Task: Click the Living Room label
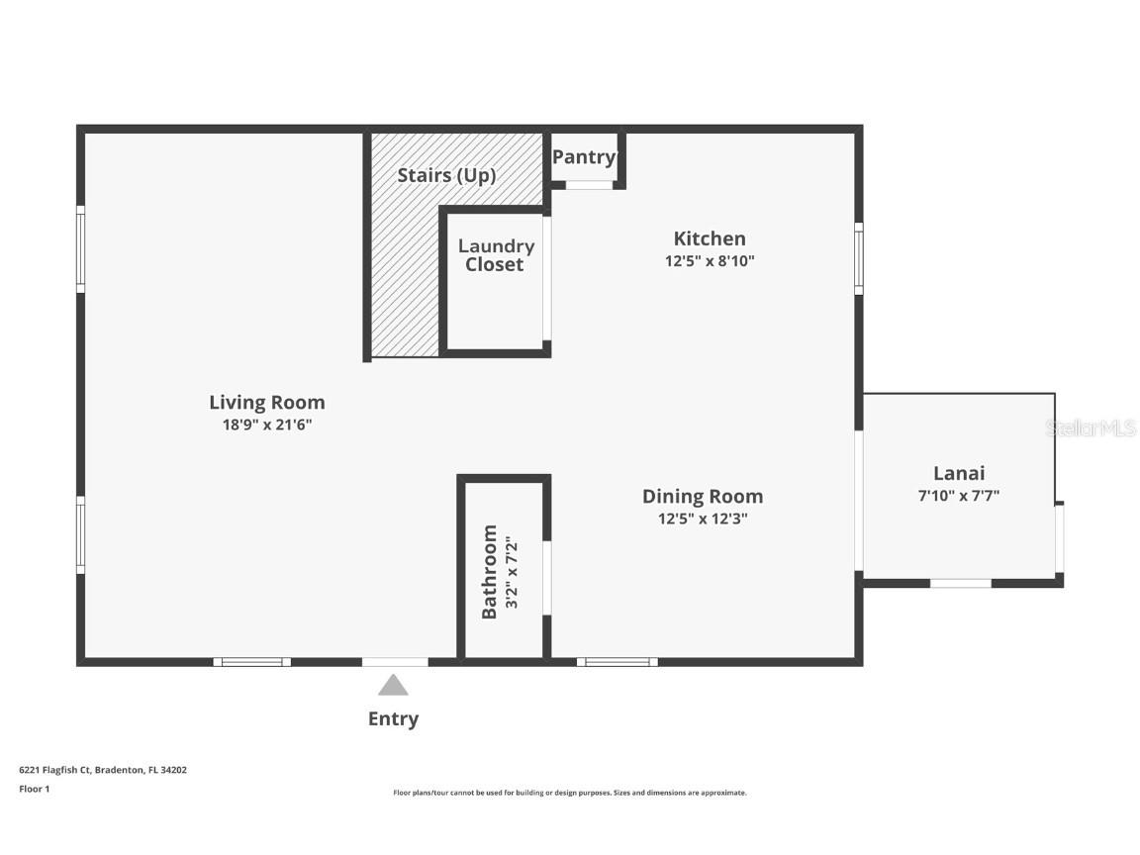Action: (x=266, y=402)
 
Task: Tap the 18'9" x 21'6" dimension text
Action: (x=266, y=425)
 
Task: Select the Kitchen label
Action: (x=709, y=238)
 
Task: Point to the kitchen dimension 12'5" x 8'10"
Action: (x=710, y=261)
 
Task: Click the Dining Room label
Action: (x=702, y=496)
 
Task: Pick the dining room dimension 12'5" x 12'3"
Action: (x=702, y=519)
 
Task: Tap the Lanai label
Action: (x=958, y=473)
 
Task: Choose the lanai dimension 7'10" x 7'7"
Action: (x=958, y=496)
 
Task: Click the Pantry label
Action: (x=583, y=157)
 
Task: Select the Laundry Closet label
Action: (x=495, y=255)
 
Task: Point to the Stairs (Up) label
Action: (x=446, y=175)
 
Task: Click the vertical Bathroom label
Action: (x=489, y=572)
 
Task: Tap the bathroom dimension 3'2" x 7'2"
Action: (x=512, y=572)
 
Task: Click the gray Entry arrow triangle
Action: (x=393, y=685)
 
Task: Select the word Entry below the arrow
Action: (x=393, y=719)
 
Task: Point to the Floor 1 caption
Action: (x=34, y=789)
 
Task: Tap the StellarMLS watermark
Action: (x=1092, y=428)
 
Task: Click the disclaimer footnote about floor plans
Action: (x=570, y=793)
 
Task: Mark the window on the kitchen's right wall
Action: (x=858, y=258)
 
